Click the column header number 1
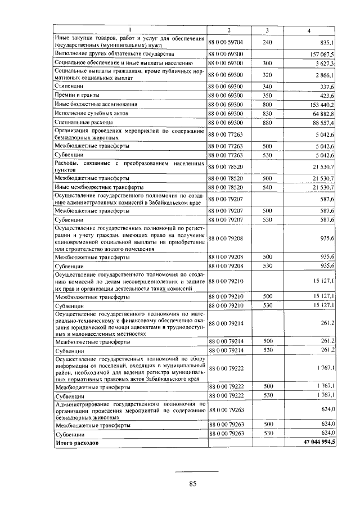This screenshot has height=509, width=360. [x=130, y=29]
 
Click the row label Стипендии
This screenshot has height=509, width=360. [x=69, y=87]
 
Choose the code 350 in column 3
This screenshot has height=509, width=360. [x=267, y=96]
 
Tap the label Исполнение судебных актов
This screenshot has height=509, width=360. [x=89, y=113]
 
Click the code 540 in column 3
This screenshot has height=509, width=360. [x=267, y=186]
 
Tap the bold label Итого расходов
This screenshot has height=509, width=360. [x=76, y=443]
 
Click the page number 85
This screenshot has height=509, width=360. [x=192, y=483]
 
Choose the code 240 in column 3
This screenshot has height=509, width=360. [x=267, y=42]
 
